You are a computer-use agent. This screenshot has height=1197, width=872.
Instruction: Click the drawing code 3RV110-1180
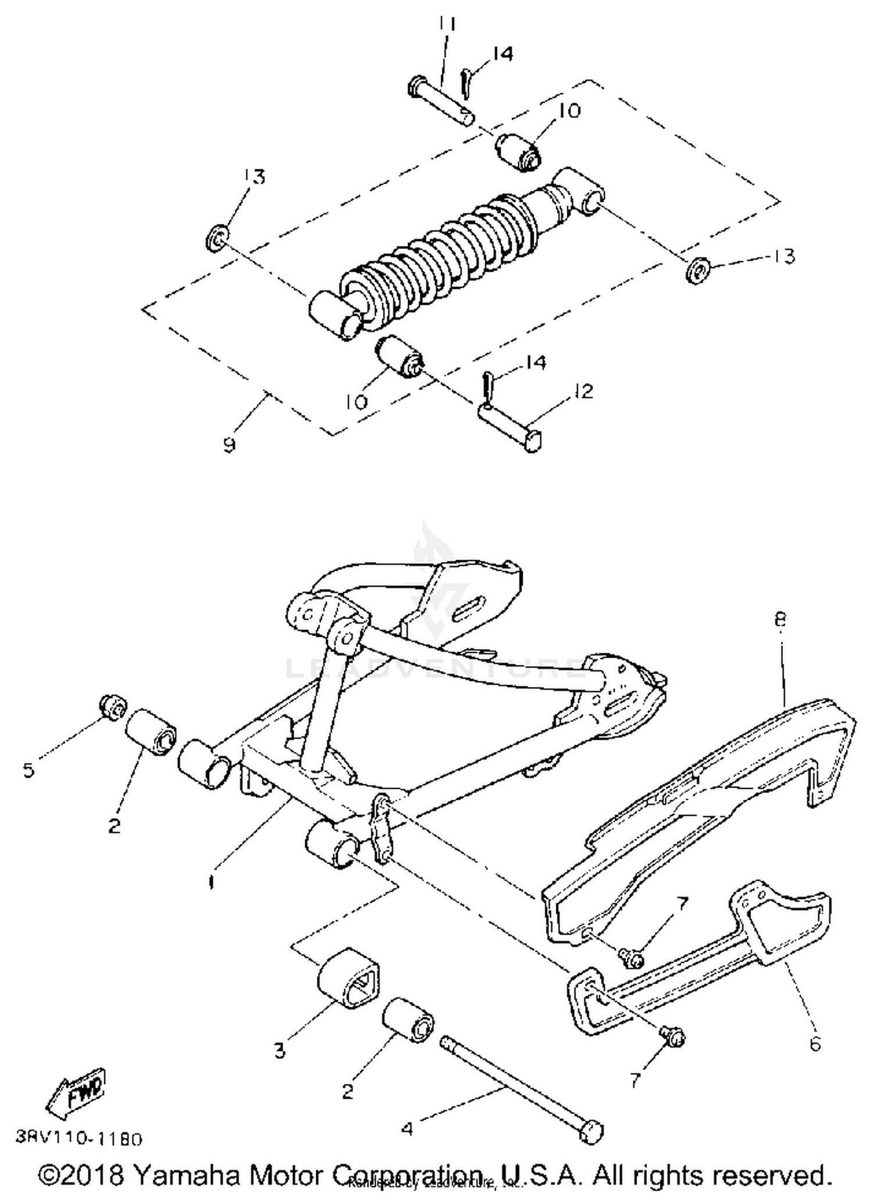(78, 1138)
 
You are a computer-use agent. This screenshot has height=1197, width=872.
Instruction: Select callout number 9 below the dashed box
(230, 446)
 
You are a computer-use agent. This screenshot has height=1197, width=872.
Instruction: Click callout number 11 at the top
(446, 24)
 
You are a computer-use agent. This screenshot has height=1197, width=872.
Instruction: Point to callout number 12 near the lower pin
(582, 391)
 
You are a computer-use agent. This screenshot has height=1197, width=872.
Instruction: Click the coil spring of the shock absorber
(442, 250)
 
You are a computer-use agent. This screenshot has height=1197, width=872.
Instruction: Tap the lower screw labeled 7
(673, 1036)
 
